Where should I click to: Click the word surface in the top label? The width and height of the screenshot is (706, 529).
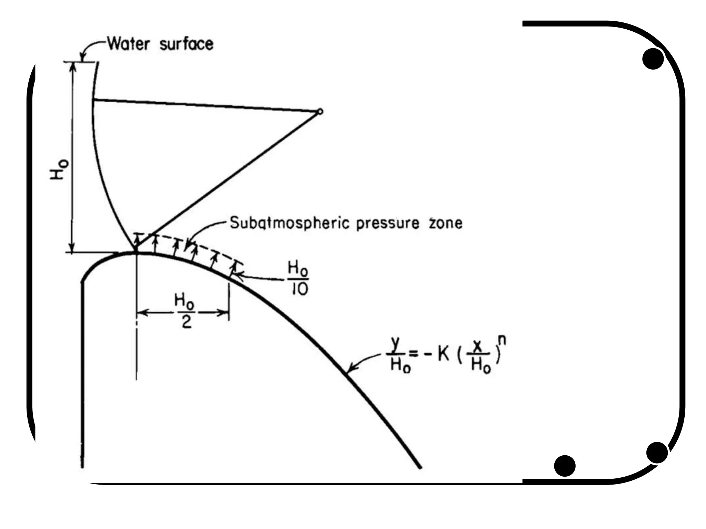pos(186,44)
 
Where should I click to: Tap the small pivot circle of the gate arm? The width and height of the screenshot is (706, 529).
pos(320,112)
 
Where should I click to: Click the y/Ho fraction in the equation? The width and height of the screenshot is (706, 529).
pos(400,355)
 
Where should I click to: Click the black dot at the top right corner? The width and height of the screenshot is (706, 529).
pos(653,59)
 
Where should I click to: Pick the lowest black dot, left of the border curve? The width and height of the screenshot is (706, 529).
pos(565,466)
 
